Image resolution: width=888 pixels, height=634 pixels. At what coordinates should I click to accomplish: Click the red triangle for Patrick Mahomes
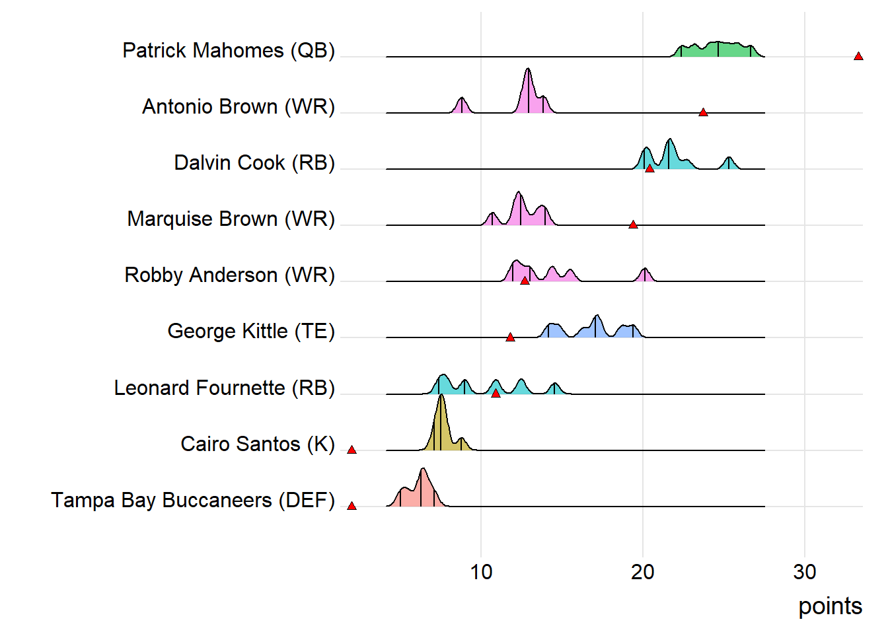[858, 56]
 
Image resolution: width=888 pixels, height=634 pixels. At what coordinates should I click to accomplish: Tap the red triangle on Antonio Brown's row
[703, 112]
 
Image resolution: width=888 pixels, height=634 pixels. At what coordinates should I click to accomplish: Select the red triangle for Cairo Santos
[351, 450]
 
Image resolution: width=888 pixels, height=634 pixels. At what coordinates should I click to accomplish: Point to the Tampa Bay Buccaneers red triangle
[351, 506]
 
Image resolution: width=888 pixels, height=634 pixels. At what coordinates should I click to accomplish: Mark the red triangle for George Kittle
[510, 337]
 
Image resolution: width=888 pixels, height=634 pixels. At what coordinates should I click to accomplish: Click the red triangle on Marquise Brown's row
[633, 225]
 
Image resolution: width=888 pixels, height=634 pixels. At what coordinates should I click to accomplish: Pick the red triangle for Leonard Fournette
[496, 394]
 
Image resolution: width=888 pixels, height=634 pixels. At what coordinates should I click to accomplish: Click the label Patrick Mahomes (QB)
[229, 51]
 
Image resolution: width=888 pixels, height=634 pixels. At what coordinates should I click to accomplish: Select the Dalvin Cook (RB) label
[254, 163]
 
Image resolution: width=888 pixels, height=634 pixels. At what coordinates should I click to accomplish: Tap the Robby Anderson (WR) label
[229, 275]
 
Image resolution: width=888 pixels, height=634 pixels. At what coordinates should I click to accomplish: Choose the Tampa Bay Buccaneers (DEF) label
[193, 501]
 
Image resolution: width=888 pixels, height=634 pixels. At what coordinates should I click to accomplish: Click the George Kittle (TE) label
[251, 332]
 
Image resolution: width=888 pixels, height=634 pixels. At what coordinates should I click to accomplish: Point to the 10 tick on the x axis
[481, 572]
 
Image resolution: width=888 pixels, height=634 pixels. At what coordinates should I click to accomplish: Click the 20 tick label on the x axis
[643, 572]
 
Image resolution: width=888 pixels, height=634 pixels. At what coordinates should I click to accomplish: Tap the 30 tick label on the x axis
[805, 572]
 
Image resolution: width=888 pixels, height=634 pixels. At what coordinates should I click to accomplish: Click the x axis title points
[830, 606]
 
